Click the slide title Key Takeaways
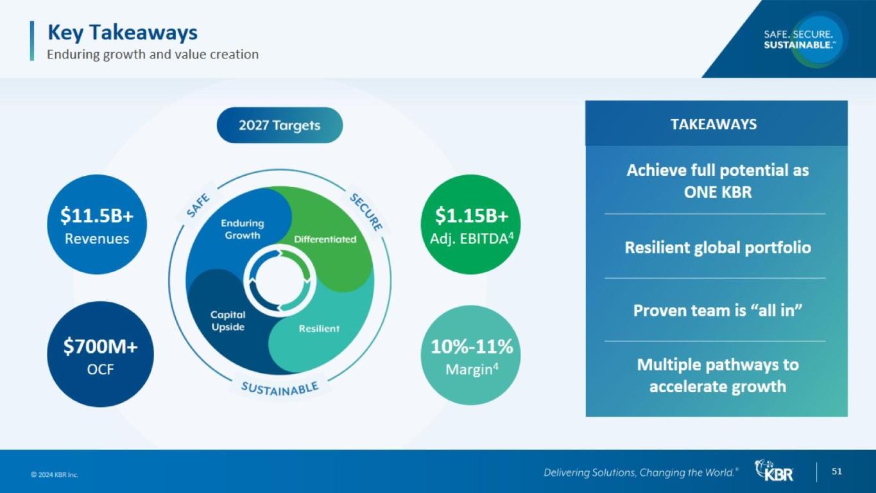pyautogui.click(x=123, y=33)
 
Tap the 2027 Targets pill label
pyautogui.click(x=280, y=126)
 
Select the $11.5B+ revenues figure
pyautogui.click(x=97, y=216)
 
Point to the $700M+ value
pyautogui.click(x=101, y=347)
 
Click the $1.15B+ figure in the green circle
pyautogui.click(x=472, y=216)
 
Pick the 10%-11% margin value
pyautogui.click(x=472, y=347)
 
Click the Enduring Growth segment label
pyautogui.click(x=243, y=229)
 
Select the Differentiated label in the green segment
pyautogui.click(x=325, y=239)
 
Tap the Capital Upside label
pyautogui.click(x=228, y=321)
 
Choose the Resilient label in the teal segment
pyautogui.click(x=319, y=329)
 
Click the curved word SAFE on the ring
pyautogui.click(x=198, y=205)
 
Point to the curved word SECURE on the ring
pyautogui.click(x=366, y=212)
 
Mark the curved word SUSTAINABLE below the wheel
pyautogui.click(x=280, y=389)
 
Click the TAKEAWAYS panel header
pyautogui.click(x=714, y=125)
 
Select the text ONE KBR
pyautogui.click(x=717, y=192)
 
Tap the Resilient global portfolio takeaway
pyautogui.click(x=717, y=248)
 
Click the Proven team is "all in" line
pyautogui.click(x=717, y=311)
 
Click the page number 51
pyautogui.click(x=836, y=471)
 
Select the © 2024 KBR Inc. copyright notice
pyautogui.click(x=55, y=475)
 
